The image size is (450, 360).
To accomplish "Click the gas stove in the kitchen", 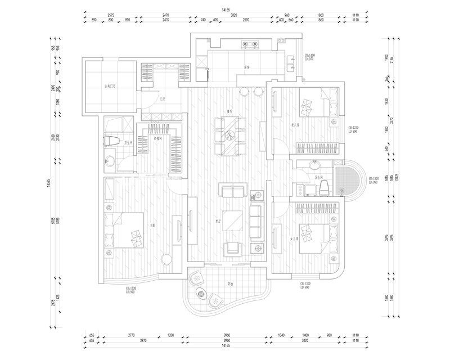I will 249,43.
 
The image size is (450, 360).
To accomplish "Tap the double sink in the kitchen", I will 290,63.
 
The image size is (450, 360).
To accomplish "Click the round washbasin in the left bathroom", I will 109,162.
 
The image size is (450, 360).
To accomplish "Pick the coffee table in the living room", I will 232,219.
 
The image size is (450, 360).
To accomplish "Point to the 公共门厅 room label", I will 110,87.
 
